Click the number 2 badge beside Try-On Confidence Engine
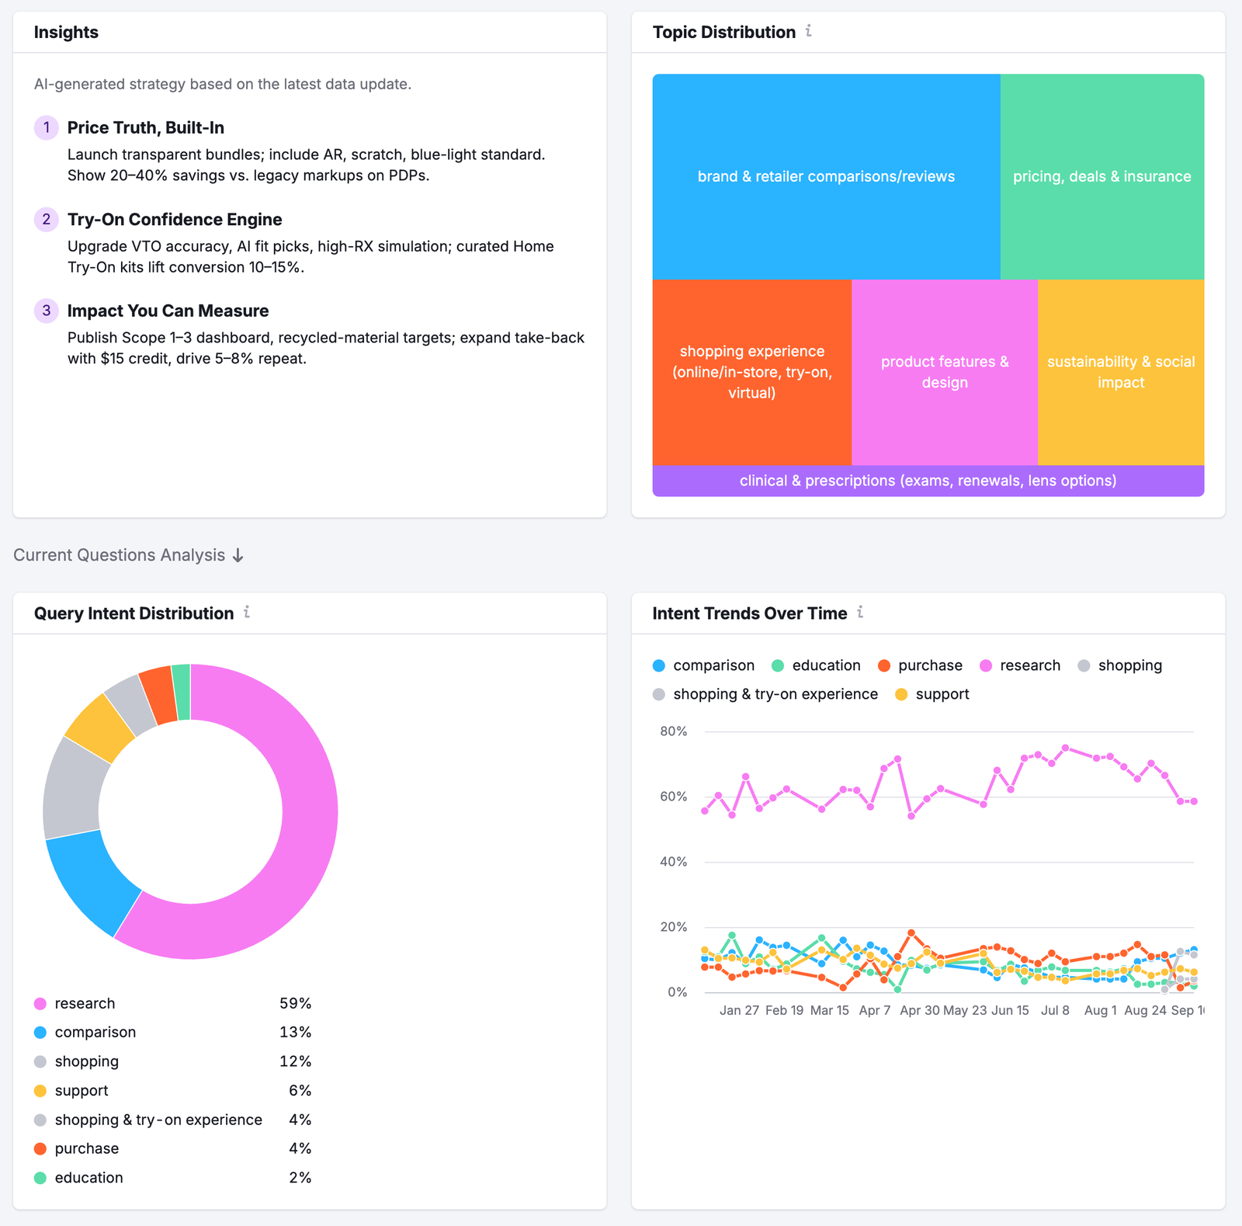47,220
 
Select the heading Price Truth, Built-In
145,128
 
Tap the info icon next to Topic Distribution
809,31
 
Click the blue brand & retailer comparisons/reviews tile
826,176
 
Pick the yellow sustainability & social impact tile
1121,372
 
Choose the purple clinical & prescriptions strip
928,481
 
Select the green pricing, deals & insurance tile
1101,176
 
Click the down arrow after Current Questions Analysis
238,556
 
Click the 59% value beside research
295,1003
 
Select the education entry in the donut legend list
88,1178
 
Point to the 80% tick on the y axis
673,731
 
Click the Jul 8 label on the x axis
1055,1010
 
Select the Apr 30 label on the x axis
920,1010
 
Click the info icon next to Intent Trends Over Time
860,613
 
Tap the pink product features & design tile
945,372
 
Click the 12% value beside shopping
295,1061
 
